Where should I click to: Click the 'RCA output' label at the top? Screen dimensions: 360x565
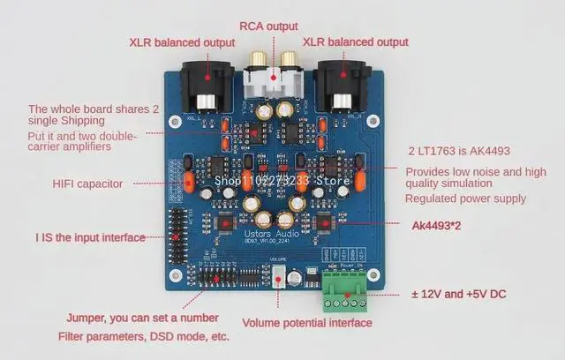pos(268,26)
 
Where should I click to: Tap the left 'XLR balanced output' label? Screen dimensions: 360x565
pos(181,42)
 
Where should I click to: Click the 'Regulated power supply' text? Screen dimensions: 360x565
pos(465,199)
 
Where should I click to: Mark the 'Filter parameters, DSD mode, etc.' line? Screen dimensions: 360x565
pos(143,337)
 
